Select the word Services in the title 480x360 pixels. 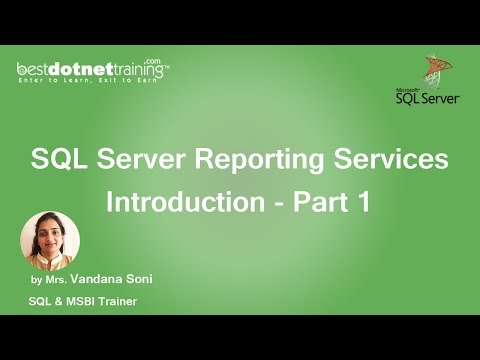(392, 160)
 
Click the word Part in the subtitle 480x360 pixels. (320, 201)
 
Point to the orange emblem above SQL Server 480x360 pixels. (434, 69)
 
